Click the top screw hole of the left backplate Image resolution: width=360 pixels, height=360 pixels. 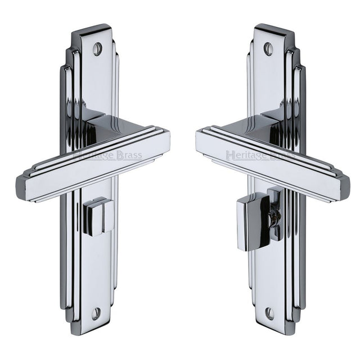97,49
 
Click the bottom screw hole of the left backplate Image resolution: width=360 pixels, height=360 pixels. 96,313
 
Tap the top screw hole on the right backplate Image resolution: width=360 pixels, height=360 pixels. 268,49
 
